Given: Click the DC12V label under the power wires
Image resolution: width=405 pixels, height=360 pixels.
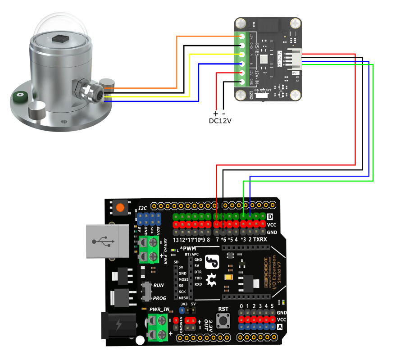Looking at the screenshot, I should tap(220, 121).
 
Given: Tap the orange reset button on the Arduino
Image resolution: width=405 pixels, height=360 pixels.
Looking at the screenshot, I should tap(120, 208).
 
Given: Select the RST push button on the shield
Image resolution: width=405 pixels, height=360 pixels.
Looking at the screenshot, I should tap(223, 321).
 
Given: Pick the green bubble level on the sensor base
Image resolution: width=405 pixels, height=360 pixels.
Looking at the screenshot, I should tap(19, 96).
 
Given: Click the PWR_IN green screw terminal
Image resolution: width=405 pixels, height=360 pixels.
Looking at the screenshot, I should tap(154, 327).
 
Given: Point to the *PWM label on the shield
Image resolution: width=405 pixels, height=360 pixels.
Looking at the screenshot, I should tap(188, 249).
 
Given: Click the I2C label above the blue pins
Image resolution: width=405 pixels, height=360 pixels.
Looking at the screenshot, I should tap(143, 208).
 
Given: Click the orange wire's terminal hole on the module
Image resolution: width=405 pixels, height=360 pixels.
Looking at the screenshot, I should tap(242, 36).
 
